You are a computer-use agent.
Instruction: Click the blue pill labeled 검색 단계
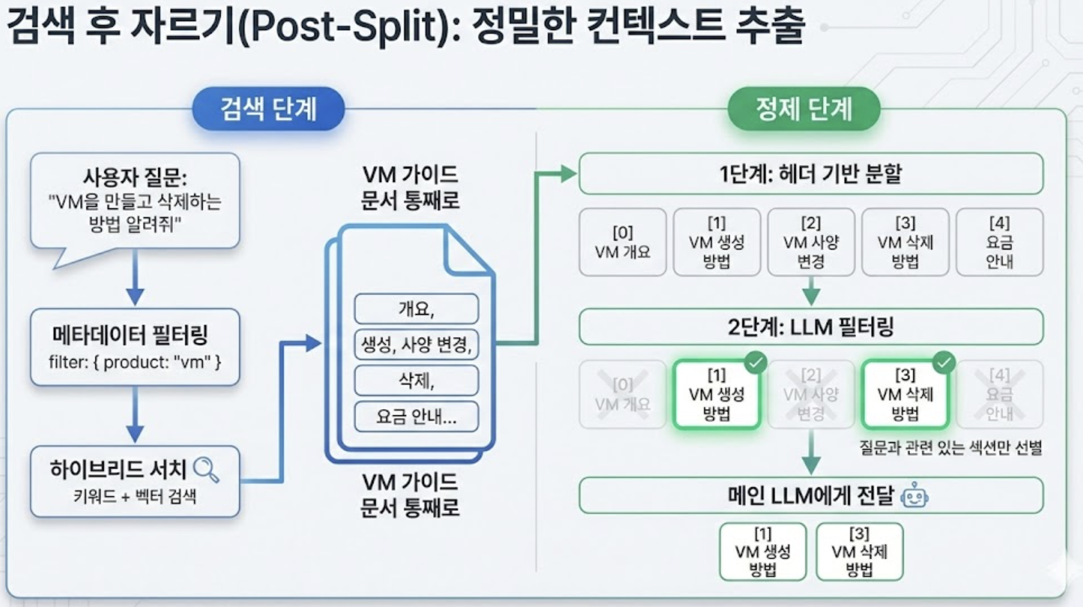(x=268, y=109)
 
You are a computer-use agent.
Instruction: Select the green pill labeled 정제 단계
(x=804, y=109)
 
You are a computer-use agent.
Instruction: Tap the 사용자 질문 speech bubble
(x=135, y=200)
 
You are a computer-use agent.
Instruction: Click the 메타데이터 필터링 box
(x=135, y=347)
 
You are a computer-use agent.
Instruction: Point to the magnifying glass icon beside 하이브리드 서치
(x=206, y=470)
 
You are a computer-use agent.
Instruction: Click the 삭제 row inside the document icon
(x=416, y=381)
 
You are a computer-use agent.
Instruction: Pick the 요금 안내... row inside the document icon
(x=416, y=417)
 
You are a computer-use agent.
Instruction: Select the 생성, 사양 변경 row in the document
(x=416, y=345)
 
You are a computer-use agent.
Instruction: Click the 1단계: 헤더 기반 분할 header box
(x=810, y=174)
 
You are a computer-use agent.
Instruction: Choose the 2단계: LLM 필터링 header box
(x=810, y=327)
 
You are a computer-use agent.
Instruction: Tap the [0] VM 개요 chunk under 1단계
(x=622, y=242)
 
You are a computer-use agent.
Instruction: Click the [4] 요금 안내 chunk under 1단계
(x=999, y=242)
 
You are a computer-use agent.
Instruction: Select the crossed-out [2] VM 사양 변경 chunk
(x=810, y=394)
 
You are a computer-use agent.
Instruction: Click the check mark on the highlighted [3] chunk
(x=944, y=363)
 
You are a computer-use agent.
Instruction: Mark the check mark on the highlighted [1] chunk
(x=756, y=363)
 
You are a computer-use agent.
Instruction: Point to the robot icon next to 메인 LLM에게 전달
(x=914, y=496)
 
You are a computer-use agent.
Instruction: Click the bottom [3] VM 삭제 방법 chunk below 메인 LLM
(x=859, y=552)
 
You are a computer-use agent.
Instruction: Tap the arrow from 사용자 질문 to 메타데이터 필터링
(x=135, y=277)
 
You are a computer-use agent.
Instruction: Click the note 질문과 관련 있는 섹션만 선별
(x=951, y=449)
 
